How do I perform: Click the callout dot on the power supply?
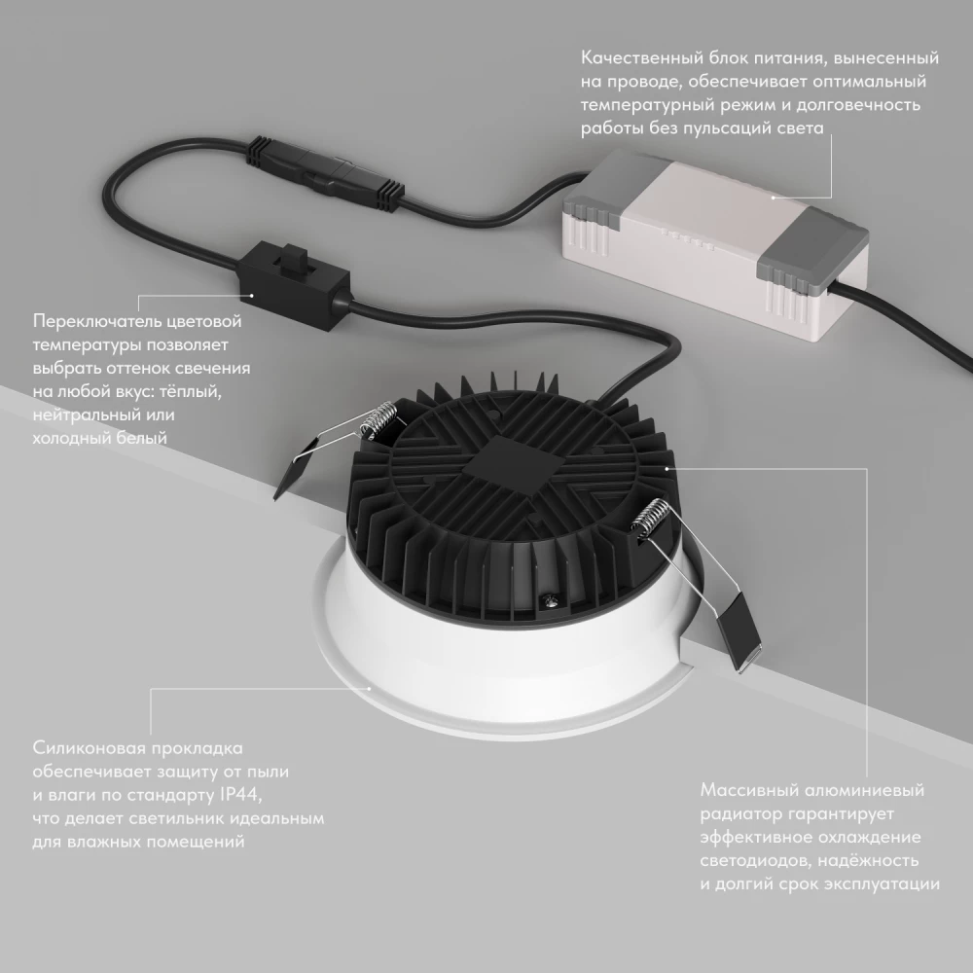pyautogui.click(x=774, y=196)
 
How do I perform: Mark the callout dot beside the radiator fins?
pyautogui.click(x=667, y=468)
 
